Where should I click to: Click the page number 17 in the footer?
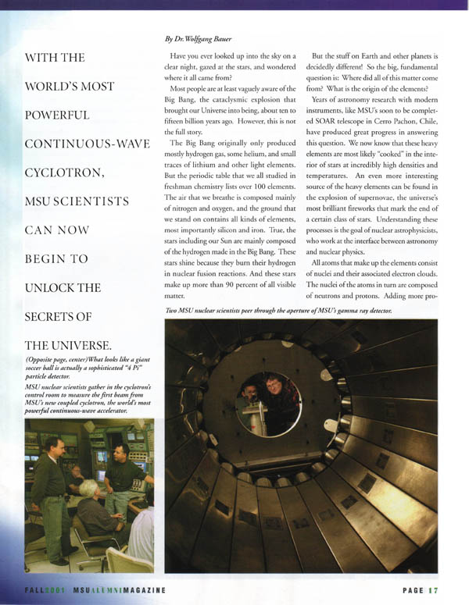pos(433,590)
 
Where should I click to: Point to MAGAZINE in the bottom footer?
pos(140,591)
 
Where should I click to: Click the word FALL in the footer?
pos(34,591)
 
